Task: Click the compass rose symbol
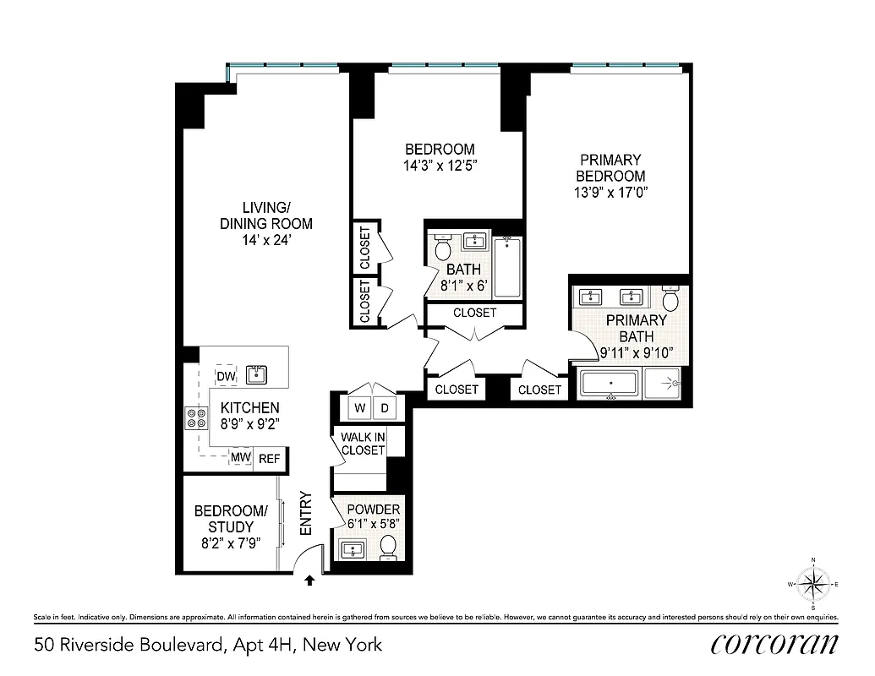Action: (813, 584)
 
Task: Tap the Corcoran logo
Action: (774, 644)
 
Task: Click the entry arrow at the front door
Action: (310, 580)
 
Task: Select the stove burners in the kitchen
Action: (196, 417)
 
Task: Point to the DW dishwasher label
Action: (226, 376)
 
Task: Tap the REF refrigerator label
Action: (269, 459)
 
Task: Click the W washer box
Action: (360, 408)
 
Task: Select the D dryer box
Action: (385, 408)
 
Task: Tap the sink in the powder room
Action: (352, 551)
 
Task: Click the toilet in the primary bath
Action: (671, 300)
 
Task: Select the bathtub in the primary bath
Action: (610, 384)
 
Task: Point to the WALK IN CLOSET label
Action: (363, 444)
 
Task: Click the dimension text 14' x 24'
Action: (266, 240)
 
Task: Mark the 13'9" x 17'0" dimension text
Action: (610, 193)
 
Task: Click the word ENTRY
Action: (306, 514)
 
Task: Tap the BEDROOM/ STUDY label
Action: (231, 519)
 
